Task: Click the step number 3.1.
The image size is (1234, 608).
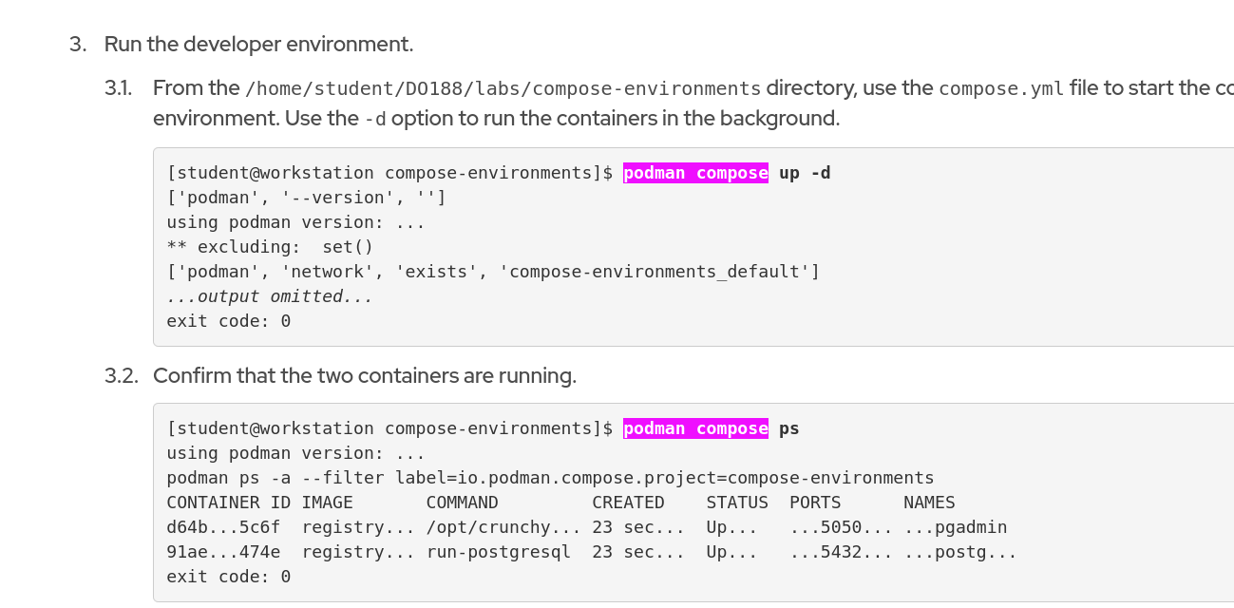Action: [118, 88]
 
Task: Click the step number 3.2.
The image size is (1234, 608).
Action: [121, 376]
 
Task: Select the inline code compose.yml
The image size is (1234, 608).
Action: [1001, 89]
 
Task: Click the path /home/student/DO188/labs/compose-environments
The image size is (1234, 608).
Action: [503, 89]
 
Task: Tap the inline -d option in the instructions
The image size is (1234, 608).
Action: [374, 120]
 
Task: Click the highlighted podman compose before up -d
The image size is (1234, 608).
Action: [695, 173]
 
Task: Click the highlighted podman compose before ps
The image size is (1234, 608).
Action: [695, 428]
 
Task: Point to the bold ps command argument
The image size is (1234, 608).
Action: [789, 428]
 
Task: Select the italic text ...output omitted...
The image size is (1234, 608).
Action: [270, 296]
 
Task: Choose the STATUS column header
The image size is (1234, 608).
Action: [737, 503]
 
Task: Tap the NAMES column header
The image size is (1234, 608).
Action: [929, 503]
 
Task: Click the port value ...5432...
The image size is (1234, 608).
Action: [841, 552]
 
